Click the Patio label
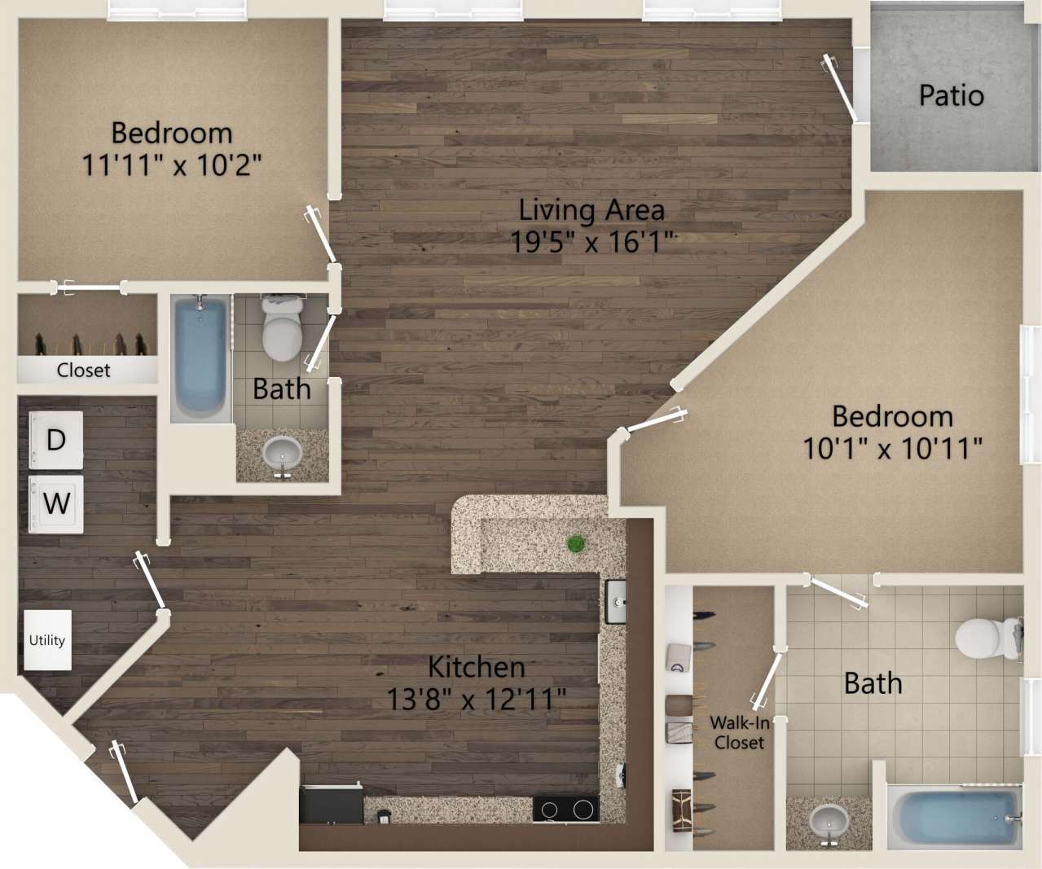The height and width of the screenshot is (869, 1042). tap(951, 95)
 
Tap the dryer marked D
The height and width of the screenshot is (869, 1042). tap(56, 441)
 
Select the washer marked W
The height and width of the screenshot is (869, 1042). tap(56, 503)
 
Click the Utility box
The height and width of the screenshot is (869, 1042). tap(47, 640)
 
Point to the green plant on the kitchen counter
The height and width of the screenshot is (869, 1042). tap(577, 544)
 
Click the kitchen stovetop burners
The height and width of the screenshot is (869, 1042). tap(565, 810)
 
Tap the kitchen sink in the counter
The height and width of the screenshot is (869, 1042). tap(615, 602)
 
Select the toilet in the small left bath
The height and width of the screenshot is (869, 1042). tap(282, 330)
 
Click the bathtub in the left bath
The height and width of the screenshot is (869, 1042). tap(200, 358)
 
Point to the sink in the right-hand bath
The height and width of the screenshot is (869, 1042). tap(829, 823)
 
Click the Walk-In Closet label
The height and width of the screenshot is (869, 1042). tap(739, 732)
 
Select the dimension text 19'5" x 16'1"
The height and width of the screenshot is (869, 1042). tap(592, 242)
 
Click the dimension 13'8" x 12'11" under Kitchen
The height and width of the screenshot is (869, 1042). tap(476, 699)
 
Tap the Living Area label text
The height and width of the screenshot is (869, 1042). tap(591, 210)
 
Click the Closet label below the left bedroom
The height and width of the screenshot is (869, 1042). tap(83, 370)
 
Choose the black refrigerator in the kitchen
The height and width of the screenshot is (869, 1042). tap(331, 805)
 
